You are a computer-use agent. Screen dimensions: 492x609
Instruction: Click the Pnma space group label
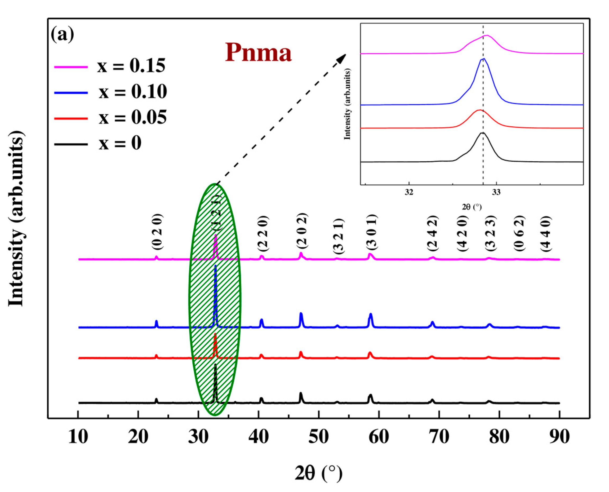pos(258,53)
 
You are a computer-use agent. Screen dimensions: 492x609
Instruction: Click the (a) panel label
pos(62,35)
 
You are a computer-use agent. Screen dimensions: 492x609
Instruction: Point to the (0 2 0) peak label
pos(157,232)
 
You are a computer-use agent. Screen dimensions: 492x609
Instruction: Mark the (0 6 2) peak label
pos(519,234)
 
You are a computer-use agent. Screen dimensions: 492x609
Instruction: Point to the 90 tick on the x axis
pos(559,437)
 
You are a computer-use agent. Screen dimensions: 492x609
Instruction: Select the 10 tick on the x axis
pos(78,437)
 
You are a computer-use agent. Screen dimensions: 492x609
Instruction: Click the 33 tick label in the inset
pos(496,192)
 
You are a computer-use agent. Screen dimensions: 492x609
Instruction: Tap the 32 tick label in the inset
pos(409,192)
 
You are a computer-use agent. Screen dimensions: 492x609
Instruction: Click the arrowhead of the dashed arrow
pos(343,57)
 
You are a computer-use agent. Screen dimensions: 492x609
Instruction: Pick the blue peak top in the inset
pos(483,59)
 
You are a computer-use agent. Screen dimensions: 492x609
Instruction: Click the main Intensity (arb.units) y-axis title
pos(16,218)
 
